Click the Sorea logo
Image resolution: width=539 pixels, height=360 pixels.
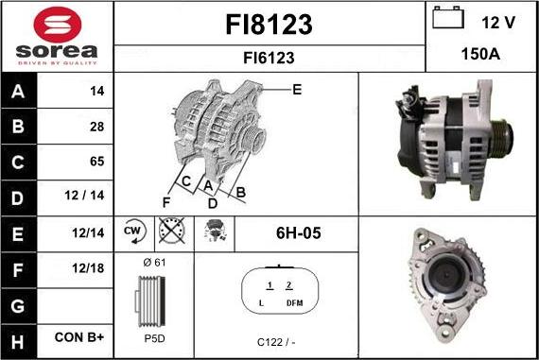click(x=57, y=36)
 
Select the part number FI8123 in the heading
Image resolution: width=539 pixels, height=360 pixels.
click(x=269, y=24)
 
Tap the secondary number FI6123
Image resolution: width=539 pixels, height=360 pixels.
click(x=269, y=58)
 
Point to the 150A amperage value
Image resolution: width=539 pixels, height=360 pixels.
click(x=480, y=55)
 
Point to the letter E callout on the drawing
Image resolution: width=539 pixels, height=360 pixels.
click(x=297, y=90)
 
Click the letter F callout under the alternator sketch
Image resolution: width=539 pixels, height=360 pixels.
click(x=166, y=201)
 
